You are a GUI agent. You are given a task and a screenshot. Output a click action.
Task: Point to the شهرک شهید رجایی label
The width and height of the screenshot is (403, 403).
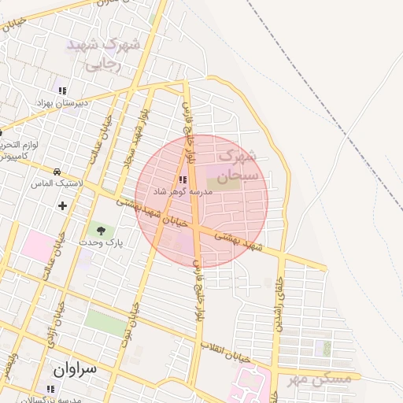[x=103, y=55]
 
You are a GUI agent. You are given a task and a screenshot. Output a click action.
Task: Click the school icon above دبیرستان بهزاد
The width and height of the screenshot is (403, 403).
[x=62, y=91]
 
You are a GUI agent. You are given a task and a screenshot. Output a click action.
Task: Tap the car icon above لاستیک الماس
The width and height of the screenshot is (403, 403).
[x=57, y=172]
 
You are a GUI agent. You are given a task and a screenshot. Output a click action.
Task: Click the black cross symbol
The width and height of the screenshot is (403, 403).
[x=62, y=206]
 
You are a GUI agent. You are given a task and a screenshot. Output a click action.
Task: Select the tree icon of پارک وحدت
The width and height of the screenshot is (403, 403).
[x=100, y=230]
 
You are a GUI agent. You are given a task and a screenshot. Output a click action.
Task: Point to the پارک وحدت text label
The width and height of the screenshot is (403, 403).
[x=100, y=242]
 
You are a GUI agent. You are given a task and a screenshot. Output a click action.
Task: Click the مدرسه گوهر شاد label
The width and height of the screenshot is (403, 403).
[x=183, y=192]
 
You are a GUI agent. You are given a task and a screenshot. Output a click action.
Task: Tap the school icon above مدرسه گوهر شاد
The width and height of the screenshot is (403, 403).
[x=183, y=179]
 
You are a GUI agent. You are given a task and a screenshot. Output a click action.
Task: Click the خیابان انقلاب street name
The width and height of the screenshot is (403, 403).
[x=225, y=352]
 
